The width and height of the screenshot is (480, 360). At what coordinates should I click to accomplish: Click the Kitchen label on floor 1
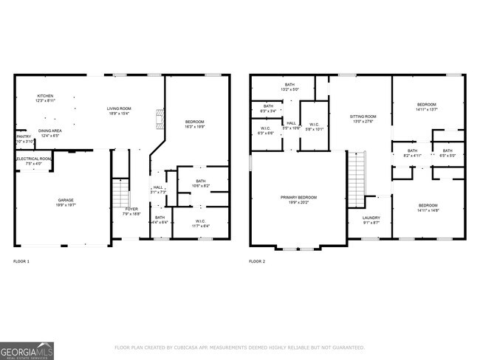pos(46,98)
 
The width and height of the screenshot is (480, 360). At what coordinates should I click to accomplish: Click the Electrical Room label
pos(34,160)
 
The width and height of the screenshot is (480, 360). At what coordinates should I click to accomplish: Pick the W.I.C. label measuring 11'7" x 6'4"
pos(200,223)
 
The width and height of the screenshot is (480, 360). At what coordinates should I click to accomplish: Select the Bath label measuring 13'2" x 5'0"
pos(289,86)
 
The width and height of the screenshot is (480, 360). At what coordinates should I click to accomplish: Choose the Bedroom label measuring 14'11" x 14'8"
pos(428,207)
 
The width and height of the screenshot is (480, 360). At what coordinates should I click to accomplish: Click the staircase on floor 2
pos(357,178)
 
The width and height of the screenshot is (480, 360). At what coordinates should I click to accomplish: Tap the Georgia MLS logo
pos(27,350)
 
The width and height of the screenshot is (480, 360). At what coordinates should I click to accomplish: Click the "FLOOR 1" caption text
pos(22,261)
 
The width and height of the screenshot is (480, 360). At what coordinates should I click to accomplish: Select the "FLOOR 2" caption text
pos(257,261)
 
